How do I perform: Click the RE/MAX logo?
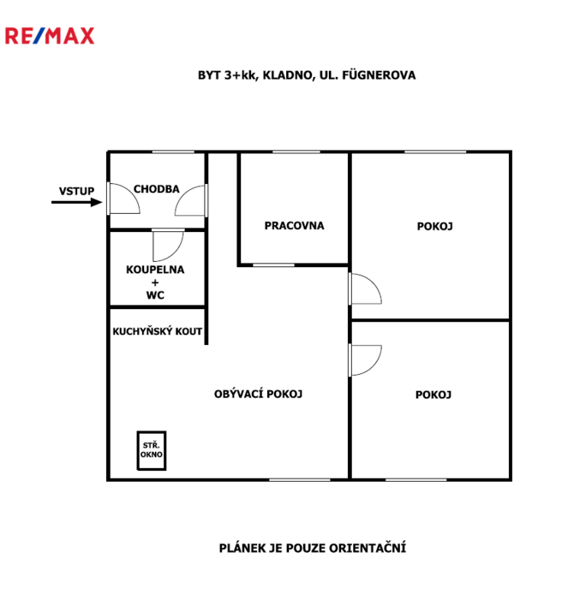coord(50,35)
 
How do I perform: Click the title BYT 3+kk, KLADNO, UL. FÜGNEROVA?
coord(307,75)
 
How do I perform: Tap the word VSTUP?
coord(76,190)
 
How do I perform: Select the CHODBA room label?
coord(157,189)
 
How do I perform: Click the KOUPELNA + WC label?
coord(155,282)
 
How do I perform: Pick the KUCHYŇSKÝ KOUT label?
coord(157,331)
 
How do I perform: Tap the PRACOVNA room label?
coord(294,226)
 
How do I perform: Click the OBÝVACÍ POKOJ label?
coord(259,394)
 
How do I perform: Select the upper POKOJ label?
coord(434,226)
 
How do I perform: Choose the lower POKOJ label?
coord(433,395)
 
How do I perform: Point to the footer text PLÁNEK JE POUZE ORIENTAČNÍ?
coord(312,548)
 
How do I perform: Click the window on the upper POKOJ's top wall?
coord(428,152)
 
